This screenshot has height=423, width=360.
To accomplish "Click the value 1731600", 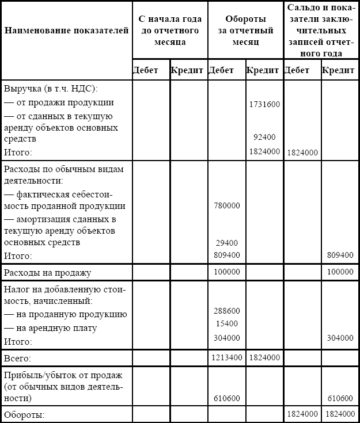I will [x=264, y=105].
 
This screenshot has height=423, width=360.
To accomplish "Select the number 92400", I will [x=264, y=138].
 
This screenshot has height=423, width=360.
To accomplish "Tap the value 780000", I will [x=226, y=205].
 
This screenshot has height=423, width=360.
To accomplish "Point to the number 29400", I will [x=226, y=243].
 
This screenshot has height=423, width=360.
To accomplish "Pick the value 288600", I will [x=226, y=311].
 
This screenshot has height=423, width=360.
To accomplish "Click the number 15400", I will [x=226, y=323].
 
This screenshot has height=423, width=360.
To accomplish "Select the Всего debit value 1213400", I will [x=226, y=357].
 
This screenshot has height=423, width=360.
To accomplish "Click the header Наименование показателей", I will [x=66, y=31].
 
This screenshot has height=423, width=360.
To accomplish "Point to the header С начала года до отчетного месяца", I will [x=170, y=31].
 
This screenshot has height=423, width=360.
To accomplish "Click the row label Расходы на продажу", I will [x=47, y=272].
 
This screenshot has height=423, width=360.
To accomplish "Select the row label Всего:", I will [x=18, y=358].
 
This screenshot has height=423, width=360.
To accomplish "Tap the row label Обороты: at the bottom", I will [x=24, y=414].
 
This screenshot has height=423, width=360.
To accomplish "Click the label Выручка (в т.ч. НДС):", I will [x=51, y=90].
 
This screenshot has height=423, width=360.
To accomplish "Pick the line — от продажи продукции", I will [x=59, y=102].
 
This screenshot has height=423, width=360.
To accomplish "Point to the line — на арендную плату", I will [x=50, y=328].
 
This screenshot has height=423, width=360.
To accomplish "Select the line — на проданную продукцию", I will [x=65, y=315].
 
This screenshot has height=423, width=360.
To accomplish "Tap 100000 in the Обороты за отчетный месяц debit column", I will [x=226, y=272].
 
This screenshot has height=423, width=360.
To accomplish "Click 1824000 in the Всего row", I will [x=264, y=357].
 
